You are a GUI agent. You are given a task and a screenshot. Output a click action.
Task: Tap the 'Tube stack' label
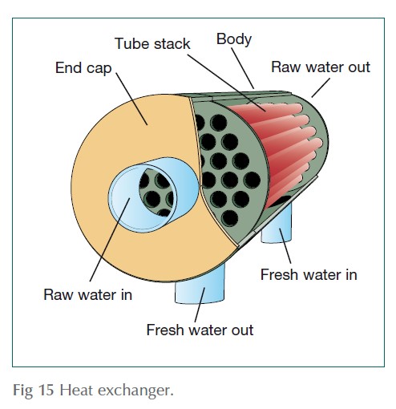point(152,43)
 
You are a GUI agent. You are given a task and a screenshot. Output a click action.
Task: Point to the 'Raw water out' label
point(321,67)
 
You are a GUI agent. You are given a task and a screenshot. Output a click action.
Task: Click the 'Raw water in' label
point(87,294)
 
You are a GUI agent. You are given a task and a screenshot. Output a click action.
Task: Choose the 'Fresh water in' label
point(309,274)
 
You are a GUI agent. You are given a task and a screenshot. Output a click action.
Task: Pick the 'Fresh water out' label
point(200,330)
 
